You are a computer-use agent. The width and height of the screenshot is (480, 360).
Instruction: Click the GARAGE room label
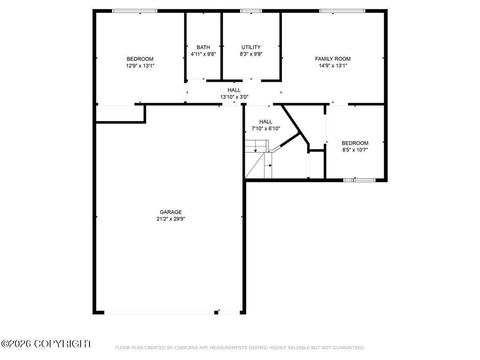click(x=170, y=212)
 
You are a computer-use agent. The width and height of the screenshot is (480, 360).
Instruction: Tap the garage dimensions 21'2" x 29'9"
click(x=170, y=219)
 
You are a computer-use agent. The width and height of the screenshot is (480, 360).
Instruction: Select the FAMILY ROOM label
click(x=333, y=59)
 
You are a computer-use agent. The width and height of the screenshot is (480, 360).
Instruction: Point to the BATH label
click(x=203, y=47)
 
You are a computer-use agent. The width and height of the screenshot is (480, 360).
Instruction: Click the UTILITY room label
click(x=251, y=47)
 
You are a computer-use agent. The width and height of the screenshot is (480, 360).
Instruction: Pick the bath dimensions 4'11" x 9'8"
click(x=203, y=54)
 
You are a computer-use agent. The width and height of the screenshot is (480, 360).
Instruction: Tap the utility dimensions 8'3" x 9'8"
click(x=251, y=54)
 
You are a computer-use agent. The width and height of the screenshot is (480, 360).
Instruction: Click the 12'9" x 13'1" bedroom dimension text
click(x=140, y=66)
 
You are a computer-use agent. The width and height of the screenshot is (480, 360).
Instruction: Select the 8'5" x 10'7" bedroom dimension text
click(x=355, y=150)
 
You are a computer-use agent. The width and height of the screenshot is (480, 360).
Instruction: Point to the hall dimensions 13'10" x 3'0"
click(x=234, y=97)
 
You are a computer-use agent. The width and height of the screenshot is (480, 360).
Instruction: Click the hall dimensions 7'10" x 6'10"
click(x=266, y=128)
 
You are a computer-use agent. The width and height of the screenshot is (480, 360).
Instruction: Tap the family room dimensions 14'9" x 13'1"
click(x=333, y=66)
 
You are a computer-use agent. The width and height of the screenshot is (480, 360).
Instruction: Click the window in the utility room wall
click(x=251, y=11)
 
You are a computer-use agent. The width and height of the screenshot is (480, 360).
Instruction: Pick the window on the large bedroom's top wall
click(x=135, y=11)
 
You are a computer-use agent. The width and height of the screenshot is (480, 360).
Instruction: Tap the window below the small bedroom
click(x=359, y=180)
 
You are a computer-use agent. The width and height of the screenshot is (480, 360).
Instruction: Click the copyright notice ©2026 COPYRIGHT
click(x=46, y=344)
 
